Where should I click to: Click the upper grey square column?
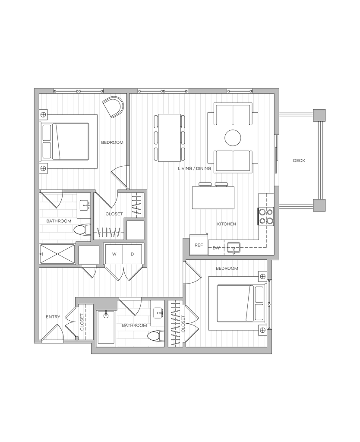(x=319, y=115)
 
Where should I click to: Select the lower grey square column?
(x=319, y=205)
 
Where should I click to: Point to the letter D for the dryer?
(x=133, y=254)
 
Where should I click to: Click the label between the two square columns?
(x=299, y=161)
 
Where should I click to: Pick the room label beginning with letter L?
(x=194, y=168)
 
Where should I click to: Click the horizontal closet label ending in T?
(x=114, y=213)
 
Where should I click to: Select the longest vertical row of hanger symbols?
(x=175, y=324)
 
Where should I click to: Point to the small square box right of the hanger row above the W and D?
(x=135, y=229)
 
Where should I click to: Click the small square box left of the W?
(x=89, y=255)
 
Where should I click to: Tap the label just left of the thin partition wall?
(x=112, y=142)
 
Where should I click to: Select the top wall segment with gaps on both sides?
(x=207, y=91)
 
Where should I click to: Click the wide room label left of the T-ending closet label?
(x=59, y=221)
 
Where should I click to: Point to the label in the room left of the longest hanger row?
(x=134, y=325)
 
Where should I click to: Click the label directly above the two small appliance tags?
(x=227, y=224)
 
